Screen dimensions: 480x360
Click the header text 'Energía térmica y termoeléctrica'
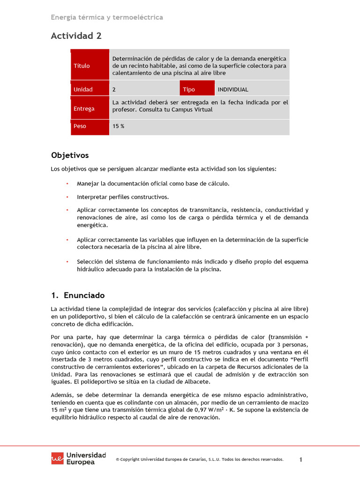[x=107, y=17]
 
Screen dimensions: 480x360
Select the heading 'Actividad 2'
[x=76, y=36]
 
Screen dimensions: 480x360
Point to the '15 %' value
[x=119, y=127]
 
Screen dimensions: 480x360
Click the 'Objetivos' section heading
[x=69, y=155]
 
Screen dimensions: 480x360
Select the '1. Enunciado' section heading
[x=77, y=295]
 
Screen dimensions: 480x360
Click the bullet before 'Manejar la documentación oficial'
[x=67, y=184]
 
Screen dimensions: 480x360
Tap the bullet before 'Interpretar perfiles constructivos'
[x=67, y=197]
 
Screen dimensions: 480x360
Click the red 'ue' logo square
[x=58, y=458]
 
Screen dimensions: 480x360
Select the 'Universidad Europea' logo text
[x=86, y=458]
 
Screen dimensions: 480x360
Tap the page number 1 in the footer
[x=301, y=460]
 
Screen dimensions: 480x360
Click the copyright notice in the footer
[x=200, y=460]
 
